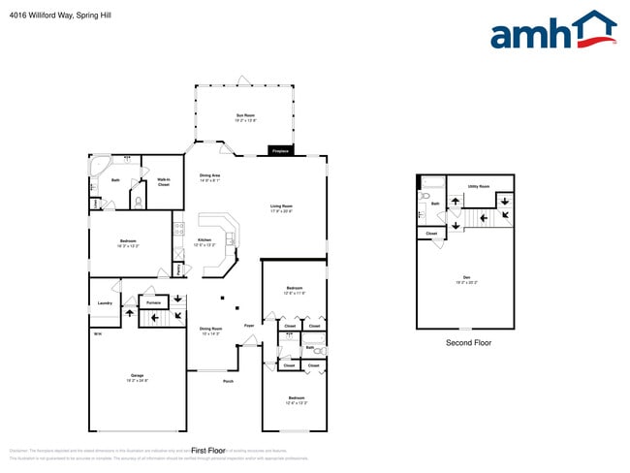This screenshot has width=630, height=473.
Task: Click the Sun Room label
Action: click(x=243, y=116)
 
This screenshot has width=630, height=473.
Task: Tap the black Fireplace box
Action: click(x=281, y=151)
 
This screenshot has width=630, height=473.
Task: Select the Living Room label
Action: click(x=281, y=206)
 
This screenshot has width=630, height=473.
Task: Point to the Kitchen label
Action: click(x=205, y=240)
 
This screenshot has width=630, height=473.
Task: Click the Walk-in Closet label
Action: click(x=164, y=181)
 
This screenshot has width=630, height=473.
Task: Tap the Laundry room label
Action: click(x=105, y=303)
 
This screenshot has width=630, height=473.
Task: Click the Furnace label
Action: click(x=152, y=303)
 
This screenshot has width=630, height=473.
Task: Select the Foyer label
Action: click(x=249, y=326)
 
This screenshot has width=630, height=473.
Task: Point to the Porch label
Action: click(x=228, y=381)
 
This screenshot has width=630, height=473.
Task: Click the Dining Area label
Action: click(x=210, y=177)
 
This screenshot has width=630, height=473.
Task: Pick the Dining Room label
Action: click(x=210, y=330)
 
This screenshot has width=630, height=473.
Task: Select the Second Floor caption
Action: click(x=468, y=343)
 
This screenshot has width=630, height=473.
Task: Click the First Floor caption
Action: click(x=207, y=451)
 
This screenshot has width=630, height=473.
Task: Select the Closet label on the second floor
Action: click(x=431, y=234)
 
